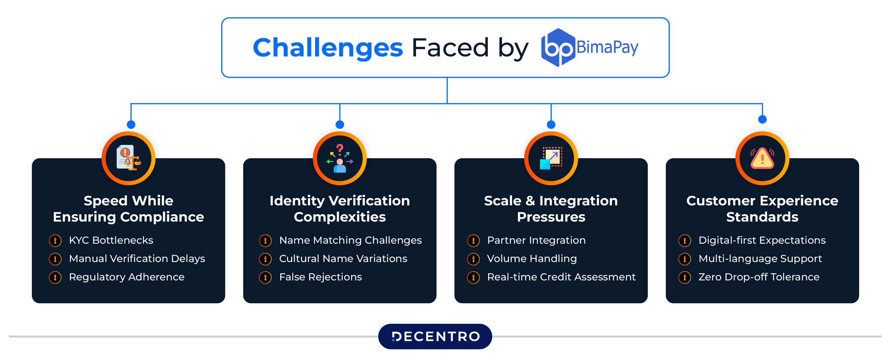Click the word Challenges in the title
(x=328, y=48)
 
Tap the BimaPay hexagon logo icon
(x=558, y=48)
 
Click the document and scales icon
(x=128, y=158)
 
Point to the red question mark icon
(x=340, y=149)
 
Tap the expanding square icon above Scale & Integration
(x=551, y=158)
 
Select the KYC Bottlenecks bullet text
(x=111, y=240)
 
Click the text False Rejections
(x=320, y=277)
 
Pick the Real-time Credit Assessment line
(x=561, y=277)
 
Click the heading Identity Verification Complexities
(x=340, y=209)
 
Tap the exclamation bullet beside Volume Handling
(x=473, y=259)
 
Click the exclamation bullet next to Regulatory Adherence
(x=55, y=277)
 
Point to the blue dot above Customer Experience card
(x=762, y=119)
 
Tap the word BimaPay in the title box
(x=607, y=47)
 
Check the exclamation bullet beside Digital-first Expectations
(x=684, y=240)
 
